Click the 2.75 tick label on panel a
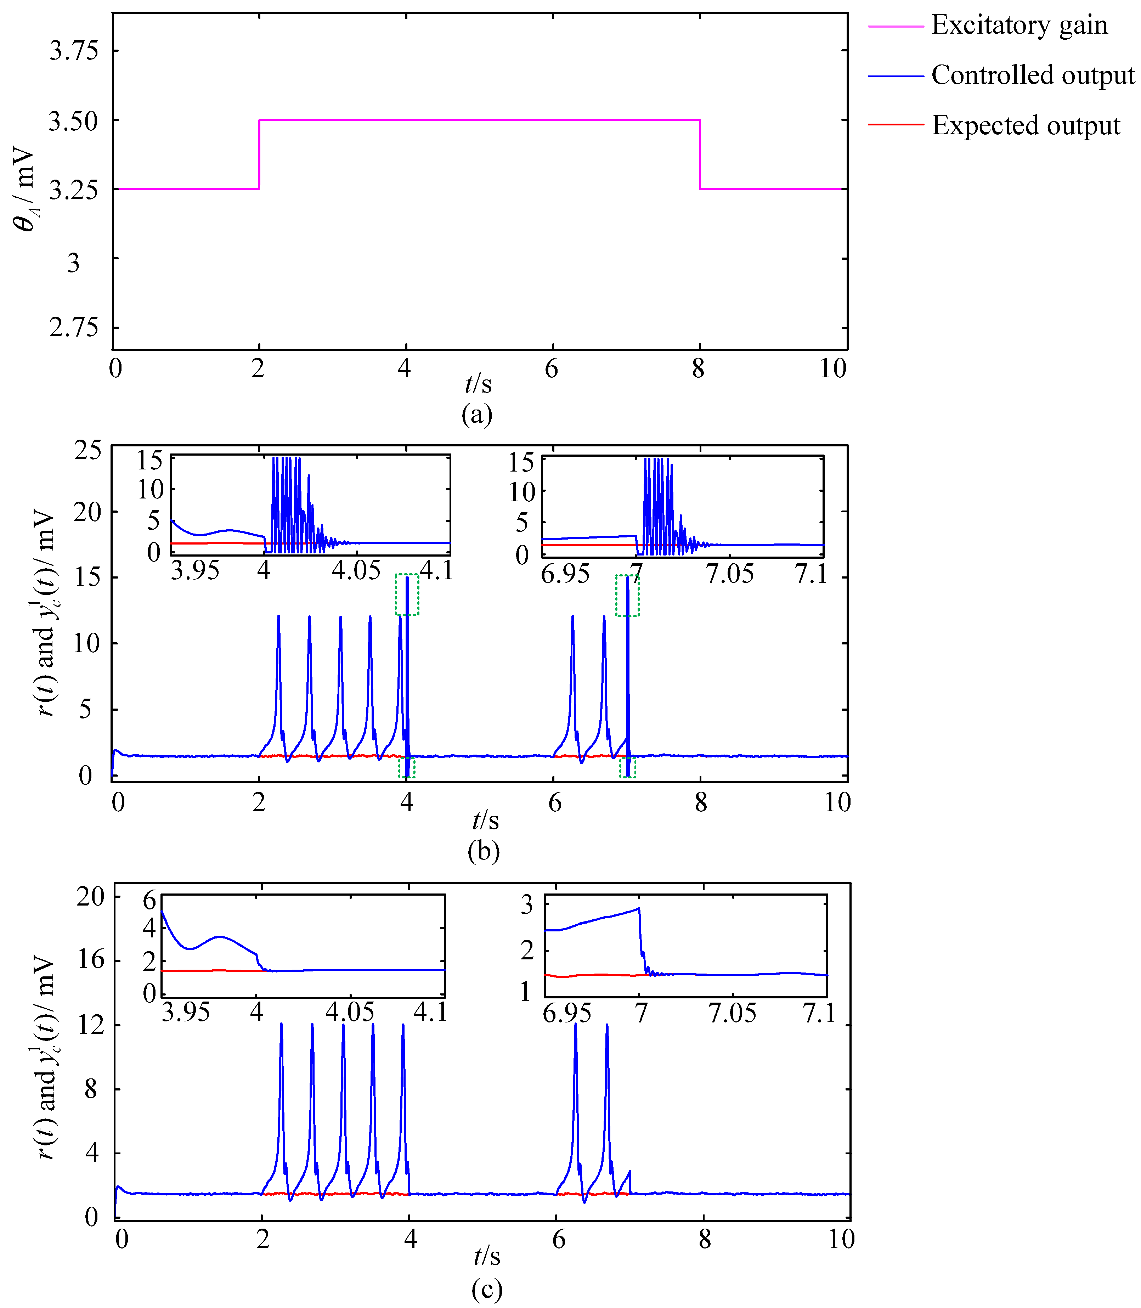[74, 328]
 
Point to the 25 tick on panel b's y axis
[87, 450]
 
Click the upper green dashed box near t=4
[407, 595]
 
